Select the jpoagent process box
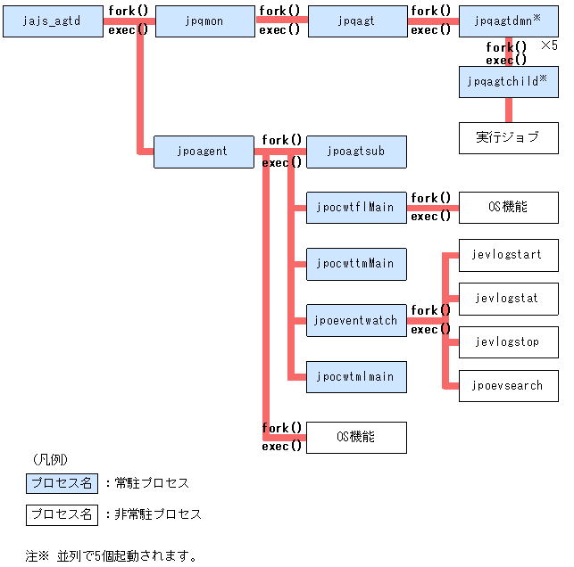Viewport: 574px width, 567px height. [204, 152]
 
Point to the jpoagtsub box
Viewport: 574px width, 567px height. [356, 152]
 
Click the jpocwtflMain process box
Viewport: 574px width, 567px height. [356, 208]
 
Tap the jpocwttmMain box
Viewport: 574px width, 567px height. [356, 264]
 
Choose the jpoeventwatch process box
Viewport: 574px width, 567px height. [356, 320]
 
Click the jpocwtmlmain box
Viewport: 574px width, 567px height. [356, 377]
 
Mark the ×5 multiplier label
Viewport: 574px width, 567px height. [550, 45]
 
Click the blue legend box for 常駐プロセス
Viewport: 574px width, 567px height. [62, 483]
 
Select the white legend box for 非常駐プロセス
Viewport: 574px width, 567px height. [62, 514]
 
